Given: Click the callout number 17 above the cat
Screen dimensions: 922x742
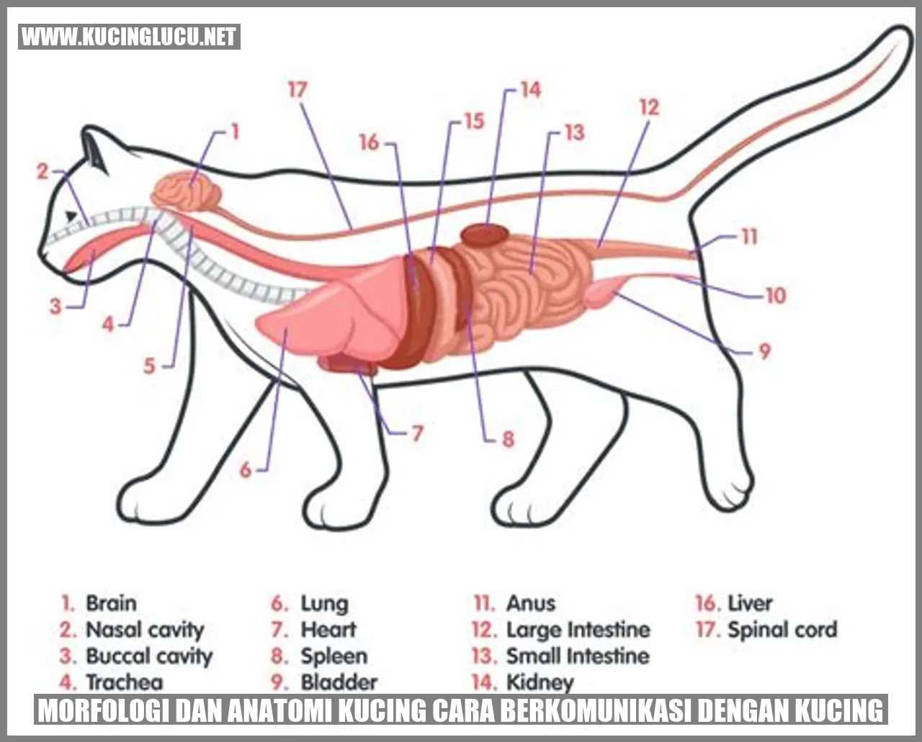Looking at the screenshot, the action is [x=297, y=90].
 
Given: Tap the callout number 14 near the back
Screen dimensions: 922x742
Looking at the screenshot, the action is [x=531, y=90].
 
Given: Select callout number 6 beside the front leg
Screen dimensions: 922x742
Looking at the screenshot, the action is [x=246, y=470].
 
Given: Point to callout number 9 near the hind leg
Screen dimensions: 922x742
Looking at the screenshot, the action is [x=765, y=351].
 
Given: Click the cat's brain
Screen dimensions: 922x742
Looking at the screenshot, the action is [x=187, y=191].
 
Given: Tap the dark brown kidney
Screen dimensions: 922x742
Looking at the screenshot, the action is [x=485, y=235].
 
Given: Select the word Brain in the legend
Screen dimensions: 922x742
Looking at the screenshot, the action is [x=112, y=603].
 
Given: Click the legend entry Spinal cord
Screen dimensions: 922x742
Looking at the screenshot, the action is [x=782, y=630].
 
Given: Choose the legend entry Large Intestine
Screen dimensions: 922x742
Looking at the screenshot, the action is [x=578, y=630].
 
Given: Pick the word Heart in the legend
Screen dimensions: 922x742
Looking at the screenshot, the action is [x=328, y=630].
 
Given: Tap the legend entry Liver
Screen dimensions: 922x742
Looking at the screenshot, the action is [x=750, y=603].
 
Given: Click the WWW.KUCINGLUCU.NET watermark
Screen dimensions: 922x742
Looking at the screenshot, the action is [x=129, y=37].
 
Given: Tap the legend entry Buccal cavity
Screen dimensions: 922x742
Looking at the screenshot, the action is [x=149, y=656].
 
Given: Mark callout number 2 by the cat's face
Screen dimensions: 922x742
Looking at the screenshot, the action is [x=42, y=172].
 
